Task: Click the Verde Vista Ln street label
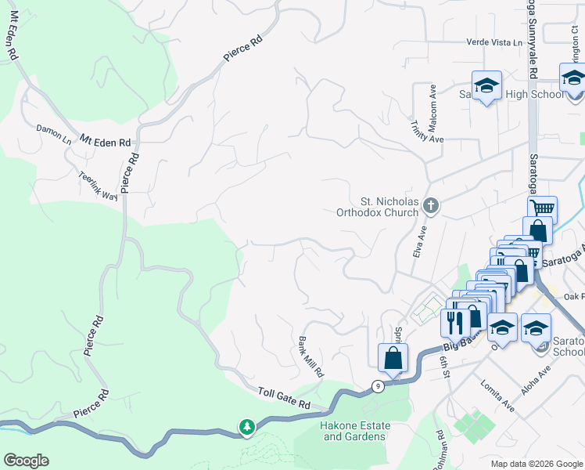click(x=493, y=42)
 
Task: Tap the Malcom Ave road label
click(x=432, y=103)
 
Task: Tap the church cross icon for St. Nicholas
click(x=429, y=206)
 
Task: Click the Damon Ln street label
click(x=53, y=132)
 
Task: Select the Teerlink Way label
click(x=98, y=185)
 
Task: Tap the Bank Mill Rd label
click(x=310, y=357)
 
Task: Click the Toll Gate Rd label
click(x=285, y=399)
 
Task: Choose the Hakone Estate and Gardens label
click(x=354, y=430)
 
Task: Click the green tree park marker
click(x=247, y=427)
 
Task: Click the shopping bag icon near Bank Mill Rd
click(x=393, y=358)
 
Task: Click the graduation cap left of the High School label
click(x=486, y=85)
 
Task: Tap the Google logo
click(x=26, y=461)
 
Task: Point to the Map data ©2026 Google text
click(x=536, y=464)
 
